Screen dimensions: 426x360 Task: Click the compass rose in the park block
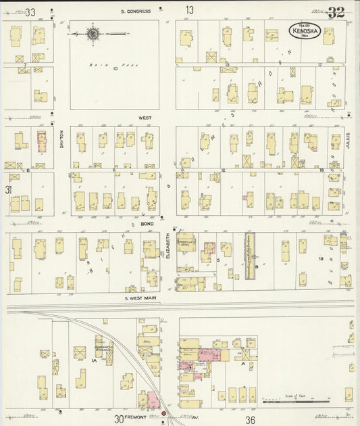pos(93,32)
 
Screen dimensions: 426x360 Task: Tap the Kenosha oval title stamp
pos(305,30)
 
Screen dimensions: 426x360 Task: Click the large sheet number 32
pos(336,12)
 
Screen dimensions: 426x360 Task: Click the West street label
pos(145,118)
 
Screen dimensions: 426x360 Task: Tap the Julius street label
pos(350,139)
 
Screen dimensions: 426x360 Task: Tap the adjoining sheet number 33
pos(30,11)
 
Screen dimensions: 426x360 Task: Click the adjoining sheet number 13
pos(190,10)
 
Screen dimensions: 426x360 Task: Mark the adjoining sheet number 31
pos(8,190)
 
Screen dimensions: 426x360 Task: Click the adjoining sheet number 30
pos(119,419)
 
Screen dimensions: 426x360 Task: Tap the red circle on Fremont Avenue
pos(163,412)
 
